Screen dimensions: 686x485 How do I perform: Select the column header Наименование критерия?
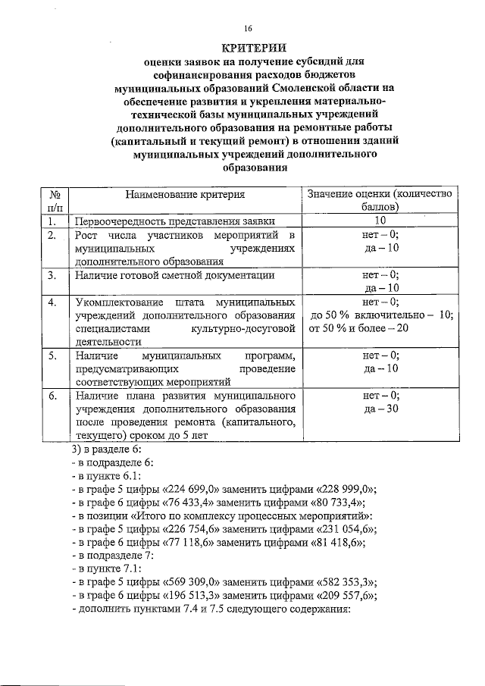tap(185, 195)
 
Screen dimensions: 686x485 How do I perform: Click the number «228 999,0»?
tap(341, 489)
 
